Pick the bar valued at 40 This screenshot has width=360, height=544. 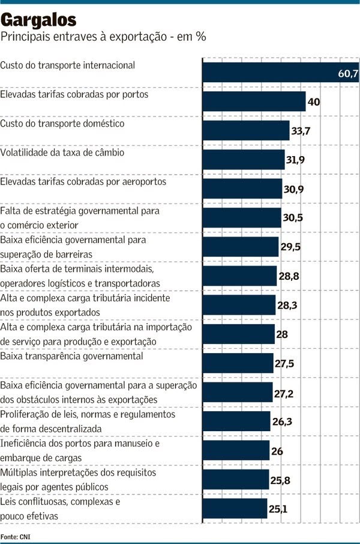254,101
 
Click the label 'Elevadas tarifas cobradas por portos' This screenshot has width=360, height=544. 74,95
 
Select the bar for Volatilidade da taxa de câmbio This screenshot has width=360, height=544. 244,160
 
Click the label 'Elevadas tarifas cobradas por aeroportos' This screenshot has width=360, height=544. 83,181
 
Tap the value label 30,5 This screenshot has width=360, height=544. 292,217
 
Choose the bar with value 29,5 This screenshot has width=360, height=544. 241,247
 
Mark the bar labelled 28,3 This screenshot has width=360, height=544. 239,305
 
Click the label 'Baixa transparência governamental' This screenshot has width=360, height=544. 72,356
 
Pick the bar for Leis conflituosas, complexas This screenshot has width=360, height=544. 235,509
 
